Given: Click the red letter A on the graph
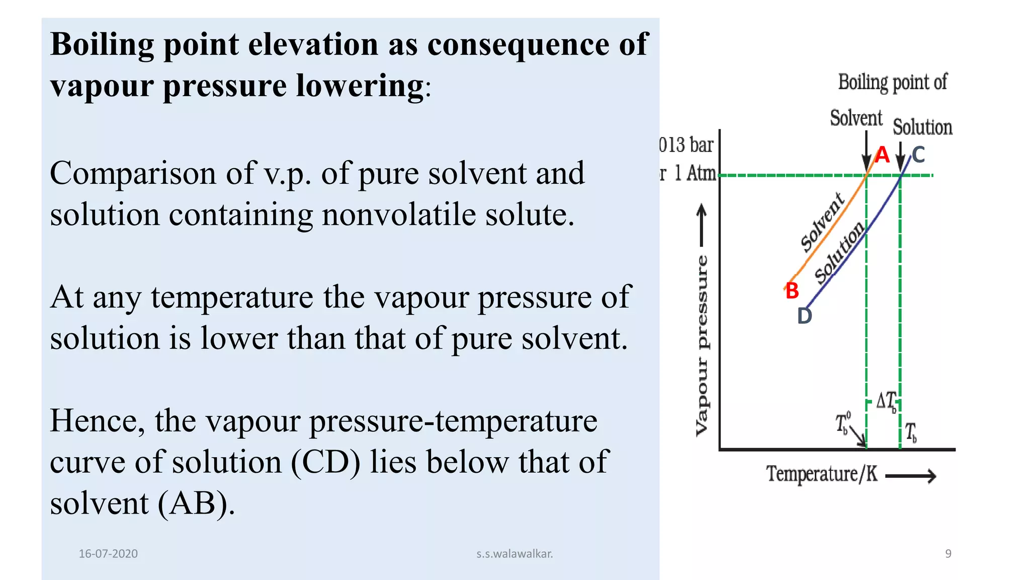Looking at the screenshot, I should point(882,155).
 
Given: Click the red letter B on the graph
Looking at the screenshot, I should point(792,291).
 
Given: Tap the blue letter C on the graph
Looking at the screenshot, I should point(918,155).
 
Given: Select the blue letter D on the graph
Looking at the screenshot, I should point(805,316).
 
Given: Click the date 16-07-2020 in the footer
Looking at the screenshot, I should point(108,554).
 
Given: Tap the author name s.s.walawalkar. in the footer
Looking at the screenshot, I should point(514,554).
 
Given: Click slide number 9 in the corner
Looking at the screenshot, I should point(948,554).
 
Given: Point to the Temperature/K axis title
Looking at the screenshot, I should point(822,474).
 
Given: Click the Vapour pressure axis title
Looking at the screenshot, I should point(702,345).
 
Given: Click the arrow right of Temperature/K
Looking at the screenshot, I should point(911,476).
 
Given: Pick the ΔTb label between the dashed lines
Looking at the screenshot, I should point(886,401).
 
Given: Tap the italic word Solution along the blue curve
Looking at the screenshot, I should point(839,253).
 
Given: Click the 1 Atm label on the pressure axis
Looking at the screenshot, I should point(694,173).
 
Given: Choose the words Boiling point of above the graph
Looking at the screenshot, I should point(893,82).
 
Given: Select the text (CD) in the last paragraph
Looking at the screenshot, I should point(325,462).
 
